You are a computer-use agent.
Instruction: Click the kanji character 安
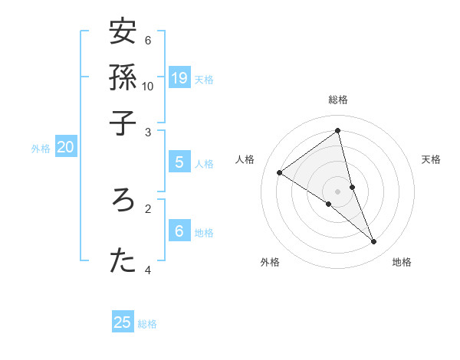pos(123,32)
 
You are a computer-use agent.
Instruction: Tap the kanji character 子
pos(123,122)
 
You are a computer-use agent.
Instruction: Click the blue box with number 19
pos(179,77)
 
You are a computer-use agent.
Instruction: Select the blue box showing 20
pos(66,148)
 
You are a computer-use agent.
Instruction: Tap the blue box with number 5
pos(179,162)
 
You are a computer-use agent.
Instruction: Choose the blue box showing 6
pos(179,231)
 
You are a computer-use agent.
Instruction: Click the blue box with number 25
pos(123,322)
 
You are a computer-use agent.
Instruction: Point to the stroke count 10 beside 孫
pos(148,86)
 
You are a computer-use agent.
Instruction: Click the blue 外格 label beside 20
pos(40,149)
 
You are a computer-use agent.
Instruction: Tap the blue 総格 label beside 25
pos(147,324)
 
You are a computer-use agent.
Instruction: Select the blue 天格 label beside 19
pos(204,79)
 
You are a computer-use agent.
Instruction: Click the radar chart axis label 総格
pos(338,100)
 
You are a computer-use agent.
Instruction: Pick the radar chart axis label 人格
pos(245,159)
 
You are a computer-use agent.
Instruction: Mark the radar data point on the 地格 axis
pos(374,242)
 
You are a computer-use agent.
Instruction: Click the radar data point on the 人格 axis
pos(280,172)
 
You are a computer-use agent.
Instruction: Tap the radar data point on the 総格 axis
pos(338,131)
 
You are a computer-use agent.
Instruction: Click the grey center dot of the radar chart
pos(338,191)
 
